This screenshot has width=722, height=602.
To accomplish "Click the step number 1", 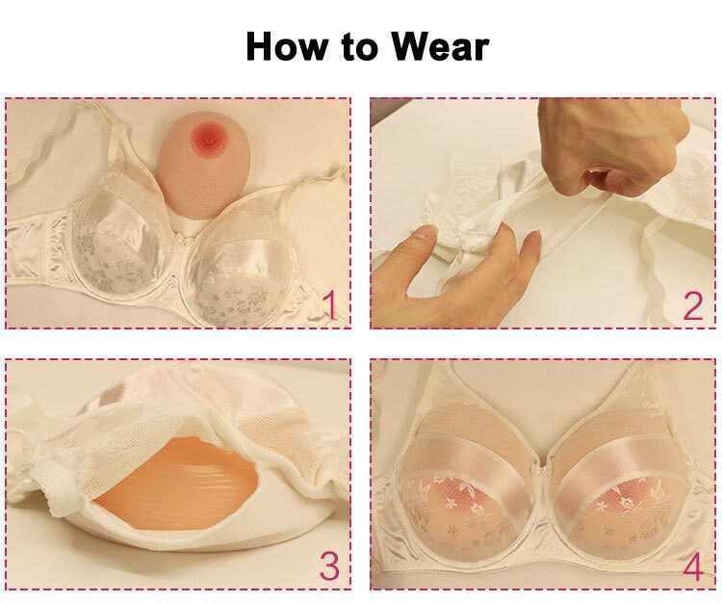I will (x=328, y=305).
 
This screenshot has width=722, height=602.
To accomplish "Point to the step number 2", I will (x=692, y=305).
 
